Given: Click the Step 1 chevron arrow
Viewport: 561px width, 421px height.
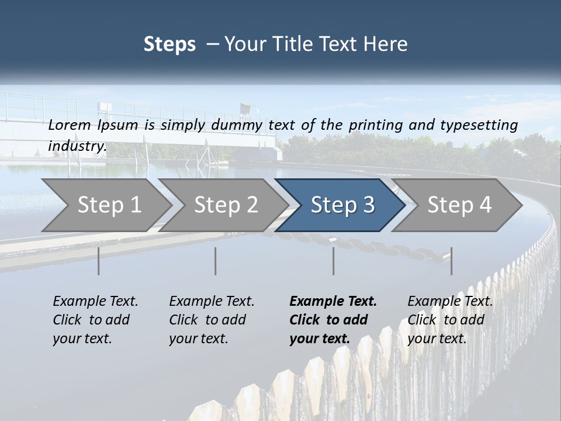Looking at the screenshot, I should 109,205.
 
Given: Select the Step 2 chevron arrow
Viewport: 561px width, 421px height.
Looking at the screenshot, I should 226,205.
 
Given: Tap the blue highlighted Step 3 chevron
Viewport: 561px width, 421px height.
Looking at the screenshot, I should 342,205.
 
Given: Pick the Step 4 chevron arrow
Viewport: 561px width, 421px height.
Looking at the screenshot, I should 459,205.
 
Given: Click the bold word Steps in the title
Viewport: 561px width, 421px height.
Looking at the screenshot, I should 169,44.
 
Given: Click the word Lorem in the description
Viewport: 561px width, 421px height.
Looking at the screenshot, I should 70,125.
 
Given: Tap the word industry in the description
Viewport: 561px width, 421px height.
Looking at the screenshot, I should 77,146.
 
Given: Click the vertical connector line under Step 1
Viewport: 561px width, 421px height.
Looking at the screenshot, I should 99,261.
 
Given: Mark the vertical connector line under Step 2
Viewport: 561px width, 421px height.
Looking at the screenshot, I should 216,261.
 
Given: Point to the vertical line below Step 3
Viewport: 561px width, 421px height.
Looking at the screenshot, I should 334,261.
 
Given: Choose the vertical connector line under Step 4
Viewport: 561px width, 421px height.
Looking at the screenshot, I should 451,261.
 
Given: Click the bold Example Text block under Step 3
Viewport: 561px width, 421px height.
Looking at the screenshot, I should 333,320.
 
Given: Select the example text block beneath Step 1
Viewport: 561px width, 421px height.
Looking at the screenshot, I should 95,320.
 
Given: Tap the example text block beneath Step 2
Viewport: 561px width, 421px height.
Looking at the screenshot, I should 212,320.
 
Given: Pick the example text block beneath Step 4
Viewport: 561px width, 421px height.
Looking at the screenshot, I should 450,320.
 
